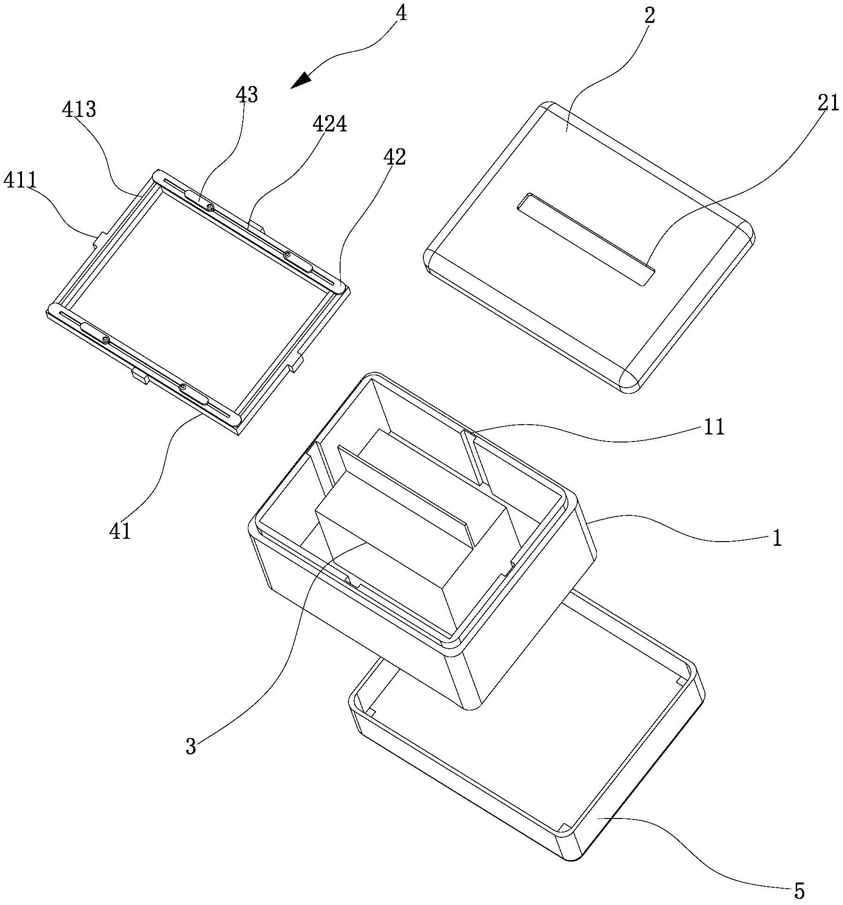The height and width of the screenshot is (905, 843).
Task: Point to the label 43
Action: pyautogui.click(x=247, y=95)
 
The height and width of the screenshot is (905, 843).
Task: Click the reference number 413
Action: pyautogui.click(x=79, y=109)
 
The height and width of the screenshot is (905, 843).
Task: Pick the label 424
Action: pyautogui.click(x=330, y=125)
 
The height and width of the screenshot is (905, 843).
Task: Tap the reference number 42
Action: pyautogui.click(x=394, y=158)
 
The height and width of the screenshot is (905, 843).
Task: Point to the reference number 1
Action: pyautogui.click(x=777, y=539)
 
